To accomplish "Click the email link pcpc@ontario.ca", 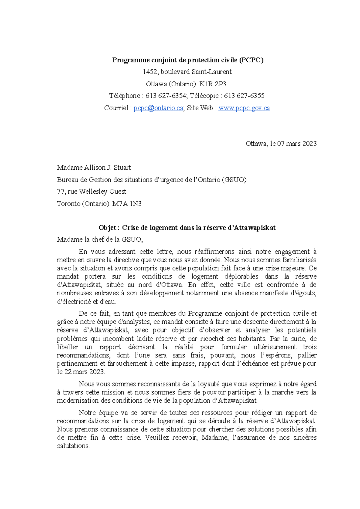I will [x=158, y=108].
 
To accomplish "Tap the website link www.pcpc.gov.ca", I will [x=244, y=108].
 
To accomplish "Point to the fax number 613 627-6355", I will [x=244, y=96].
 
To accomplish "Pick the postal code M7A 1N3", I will [x=127, y=204].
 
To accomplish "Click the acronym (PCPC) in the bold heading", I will [x=251, y=60].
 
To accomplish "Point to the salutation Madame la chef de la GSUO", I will [x=100, y=240].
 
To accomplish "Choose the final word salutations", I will [x=73, y=446].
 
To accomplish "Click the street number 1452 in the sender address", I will [x=150, y=72].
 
